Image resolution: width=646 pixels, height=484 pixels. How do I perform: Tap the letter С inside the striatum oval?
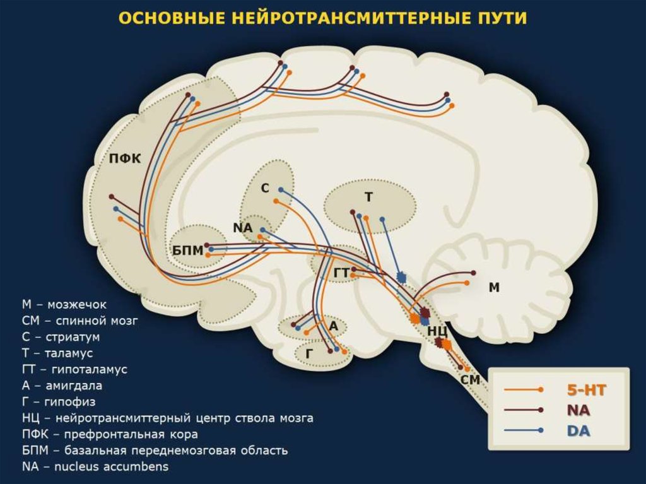[x=265, y=189]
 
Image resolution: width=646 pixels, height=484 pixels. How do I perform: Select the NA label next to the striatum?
[x=242, y=227]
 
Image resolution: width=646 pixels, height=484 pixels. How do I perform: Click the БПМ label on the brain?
[x=188, y=251]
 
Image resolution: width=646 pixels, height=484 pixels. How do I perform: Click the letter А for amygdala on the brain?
[x=334, y=326]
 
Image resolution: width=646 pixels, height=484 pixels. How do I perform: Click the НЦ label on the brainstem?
[x=437, y=331]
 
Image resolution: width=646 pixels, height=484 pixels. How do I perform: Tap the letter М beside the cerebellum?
[x=494, y=288]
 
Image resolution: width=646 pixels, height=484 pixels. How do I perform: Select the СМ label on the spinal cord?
[x=471, y=380]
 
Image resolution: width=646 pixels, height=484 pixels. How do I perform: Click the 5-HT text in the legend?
[x=587, y=390]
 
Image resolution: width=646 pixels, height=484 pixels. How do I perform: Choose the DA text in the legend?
[x=579, y=430]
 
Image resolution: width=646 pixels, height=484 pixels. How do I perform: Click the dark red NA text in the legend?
[x=578, y=410]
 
